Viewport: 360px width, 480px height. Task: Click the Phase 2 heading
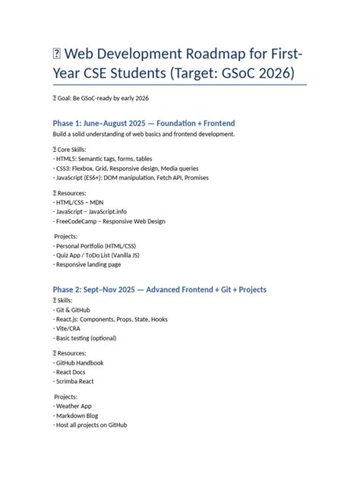point(159,290)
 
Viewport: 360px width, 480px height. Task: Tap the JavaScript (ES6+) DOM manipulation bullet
point(131,178)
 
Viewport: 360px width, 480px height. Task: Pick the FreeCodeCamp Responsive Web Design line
point(109,222)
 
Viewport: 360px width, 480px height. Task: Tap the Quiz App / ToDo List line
point(96,256)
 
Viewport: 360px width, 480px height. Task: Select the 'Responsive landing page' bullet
point(87,265)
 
